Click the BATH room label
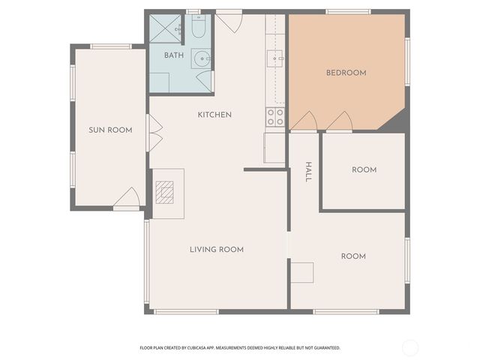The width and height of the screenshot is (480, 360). (174, 55)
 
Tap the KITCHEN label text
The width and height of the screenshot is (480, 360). (214, 115)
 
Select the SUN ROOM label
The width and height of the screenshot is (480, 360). (110, 130)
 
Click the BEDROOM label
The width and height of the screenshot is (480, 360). (346, 73)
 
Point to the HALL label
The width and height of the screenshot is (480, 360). (307, 172)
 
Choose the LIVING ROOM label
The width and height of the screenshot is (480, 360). (216, 249)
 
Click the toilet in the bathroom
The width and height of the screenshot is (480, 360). (199, 28)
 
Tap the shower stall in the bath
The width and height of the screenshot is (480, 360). (164, 28)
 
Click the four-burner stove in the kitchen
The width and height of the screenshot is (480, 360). (275, 117)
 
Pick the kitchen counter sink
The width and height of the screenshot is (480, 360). (276, 57)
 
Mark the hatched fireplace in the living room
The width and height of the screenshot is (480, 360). (164, 193)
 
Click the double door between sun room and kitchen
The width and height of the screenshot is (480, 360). (154, 133)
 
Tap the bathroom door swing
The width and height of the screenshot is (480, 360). (205, 81)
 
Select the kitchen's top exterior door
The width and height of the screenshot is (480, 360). (229, 21)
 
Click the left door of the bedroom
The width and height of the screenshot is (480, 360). (304, 121)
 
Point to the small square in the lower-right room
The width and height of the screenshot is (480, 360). (302, 272)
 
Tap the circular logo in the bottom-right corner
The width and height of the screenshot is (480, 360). (410, 347)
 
